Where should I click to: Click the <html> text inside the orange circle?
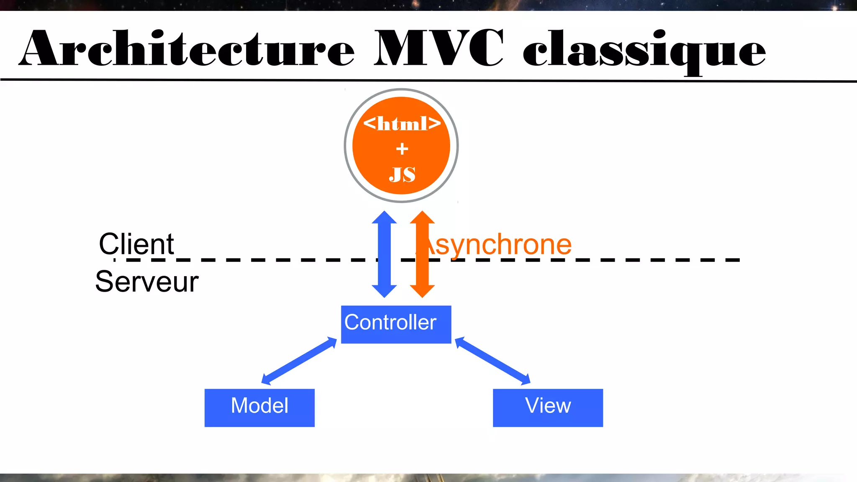[x=402, y=123]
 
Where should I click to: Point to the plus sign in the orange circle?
[x=402, y=149]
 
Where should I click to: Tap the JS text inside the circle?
[x=402, y=174]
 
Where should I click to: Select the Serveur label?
[x=146, y=282]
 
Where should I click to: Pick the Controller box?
[x=396, y=324]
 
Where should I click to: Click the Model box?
[x=259, y=408]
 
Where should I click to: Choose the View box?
[x=548, y=408]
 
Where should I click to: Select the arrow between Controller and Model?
[x=299, y=361]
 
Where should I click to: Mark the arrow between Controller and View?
[x=493, y=361]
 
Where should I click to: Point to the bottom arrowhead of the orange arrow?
[x=422, y=291]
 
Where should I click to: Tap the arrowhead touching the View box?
[x=525, y=379]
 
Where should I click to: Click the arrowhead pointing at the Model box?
[x=267, y=379]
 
